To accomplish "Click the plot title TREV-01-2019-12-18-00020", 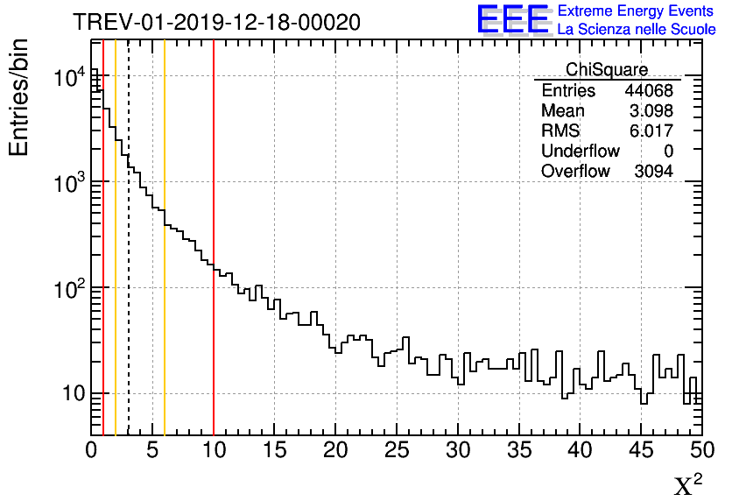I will click(216, 23).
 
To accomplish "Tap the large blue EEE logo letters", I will click(512, 19).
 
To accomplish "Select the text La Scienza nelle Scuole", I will click(636, 30).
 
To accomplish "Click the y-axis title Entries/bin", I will click(18, 97).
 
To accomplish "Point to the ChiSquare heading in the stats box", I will click(607, 69).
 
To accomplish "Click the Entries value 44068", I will click(648, 91).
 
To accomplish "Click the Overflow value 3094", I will click(653, 171).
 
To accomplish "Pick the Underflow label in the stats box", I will click(580, 152).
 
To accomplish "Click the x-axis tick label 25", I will click(398, 450).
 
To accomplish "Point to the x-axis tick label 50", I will click(701, 450).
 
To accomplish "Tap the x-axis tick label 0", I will click(92, 450).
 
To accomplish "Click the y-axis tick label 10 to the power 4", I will click(69, 78).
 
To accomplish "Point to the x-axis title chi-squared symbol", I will click(687, 484).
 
